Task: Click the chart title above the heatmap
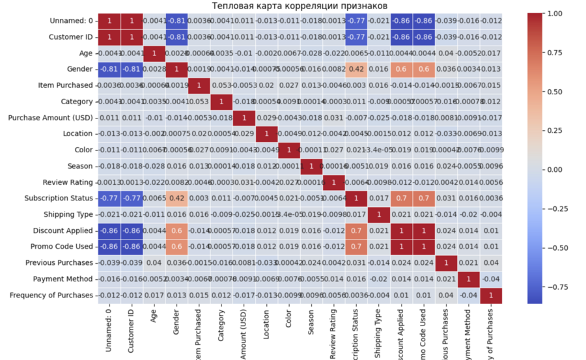(300, 7)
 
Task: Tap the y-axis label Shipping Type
(68, 215)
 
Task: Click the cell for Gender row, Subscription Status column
(356, 70)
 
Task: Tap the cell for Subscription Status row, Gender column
(176, 199)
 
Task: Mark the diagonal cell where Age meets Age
(153, 53)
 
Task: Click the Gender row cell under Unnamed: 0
(108, 70)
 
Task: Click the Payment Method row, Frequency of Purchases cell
(491, 279)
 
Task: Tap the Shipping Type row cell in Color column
(288, 215)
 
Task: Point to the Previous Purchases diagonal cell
(446, 263)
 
